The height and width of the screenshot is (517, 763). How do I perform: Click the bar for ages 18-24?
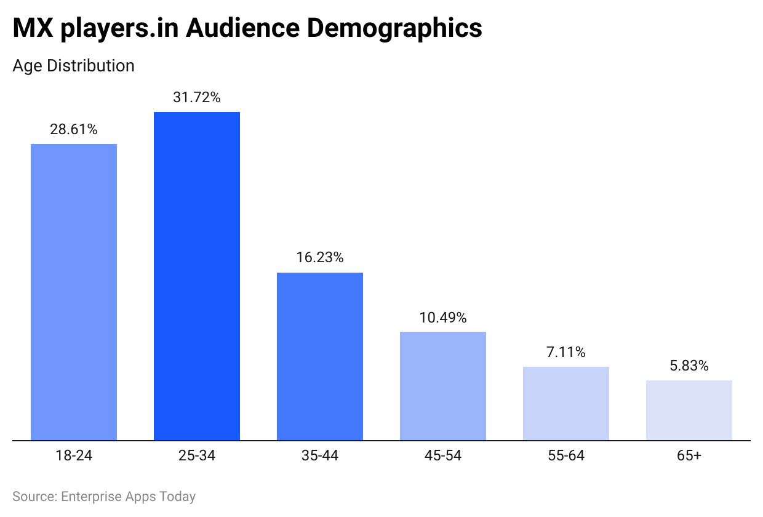click(x=74, y=292)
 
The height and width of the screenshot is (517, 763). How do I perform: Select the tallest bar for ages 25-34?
click(x=197, y=276)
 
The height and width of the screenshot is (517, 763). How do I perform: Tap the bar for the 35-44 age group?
click(x=320, y=356)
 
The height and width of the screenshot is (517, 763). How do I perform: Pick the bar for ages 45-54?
click(x=443, y=386)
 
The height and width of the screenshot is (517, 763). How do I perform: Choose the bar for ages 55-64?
click(x=566, y=404)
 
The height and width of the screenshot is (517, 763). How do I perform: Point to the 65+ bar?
click(x=689, y=411)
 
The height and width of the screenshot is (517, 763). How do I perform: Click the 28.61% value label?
click(x=74, y=129)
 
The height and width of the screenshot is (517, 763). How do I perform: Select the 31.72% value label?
click(x=197, y=97)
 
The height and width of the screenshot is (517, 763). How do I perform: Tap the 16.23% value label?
click(x=320, y=258)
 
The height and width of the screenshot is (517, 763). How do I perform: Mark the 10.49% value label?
click(x=443, y=318)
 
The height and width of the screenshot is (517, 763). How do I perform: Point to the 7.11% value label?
click(x=566, y=352)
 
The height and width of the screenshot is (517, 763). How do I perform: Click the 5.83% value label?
click(x=689, y=366)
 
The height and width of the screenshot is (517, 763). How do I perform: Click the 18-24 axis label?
click(x=74, y=456)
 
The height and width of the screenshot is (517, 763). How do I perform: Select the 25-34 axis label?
click(x=197, y=456)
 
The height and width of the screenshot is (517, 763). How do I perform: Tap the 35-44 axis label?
click(x=320, y=456)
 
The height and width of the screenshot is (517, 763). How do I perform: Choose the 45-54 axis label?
click(x=443, y=456)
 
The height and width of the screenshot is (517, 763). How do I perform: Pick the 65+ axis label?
click(x=689, y=456)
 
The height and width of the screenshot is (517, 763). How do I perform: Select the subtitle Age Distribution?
click(x=73, y=65)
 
